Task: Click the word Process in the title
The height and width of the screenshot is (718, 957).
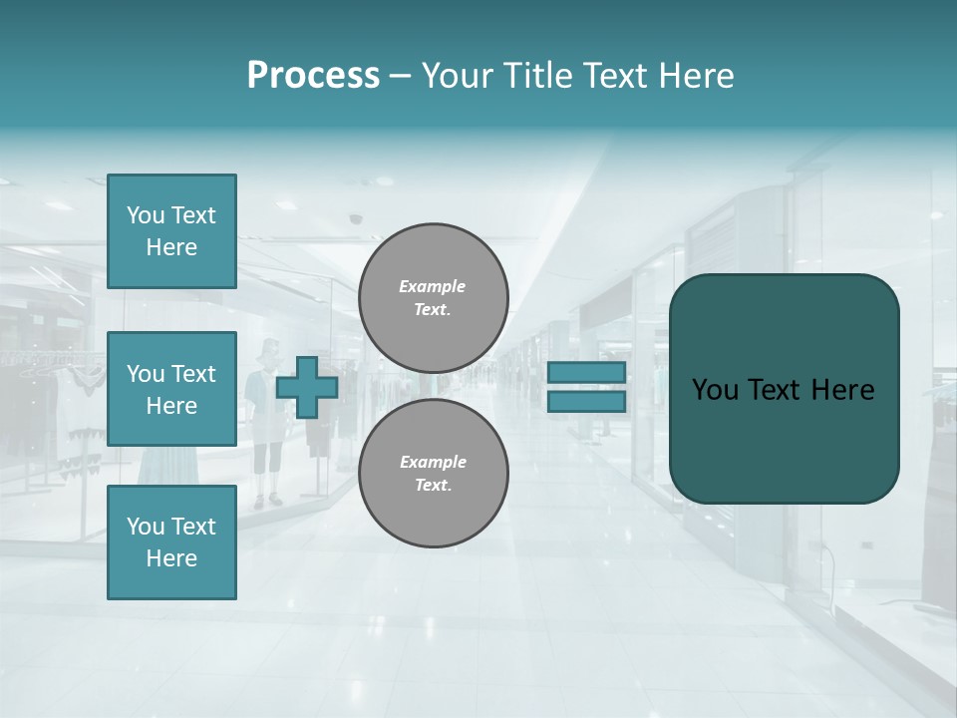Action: [313, 75]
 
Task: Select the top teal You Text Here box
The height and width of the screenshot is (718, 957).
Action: [171, 231]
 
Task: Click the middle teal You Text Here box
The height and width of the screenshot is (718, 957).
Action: [171, 389]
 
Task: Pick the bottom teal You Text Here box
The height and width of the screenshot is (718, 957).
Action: [171, 541]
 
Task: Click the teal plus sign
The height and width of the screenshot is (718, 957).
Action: [307, 387]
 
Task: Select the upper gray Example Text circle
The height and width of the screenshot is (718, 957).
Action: [433, 298]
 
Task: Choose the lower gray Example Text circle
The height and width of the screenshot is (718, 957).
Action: [433, 474]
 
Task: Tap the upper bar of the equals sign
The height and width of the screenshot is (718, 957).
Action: [586, 372]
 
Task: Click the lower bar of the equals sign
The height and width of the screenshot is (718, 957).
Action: [586, 402]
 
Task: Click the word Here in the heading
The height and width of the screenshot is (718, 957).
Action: [695, 76]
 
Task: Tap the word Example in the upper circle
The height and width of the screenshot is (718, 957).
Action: [433, 286]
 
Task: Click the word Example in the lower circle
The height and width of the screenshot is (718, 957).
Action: [433, 462]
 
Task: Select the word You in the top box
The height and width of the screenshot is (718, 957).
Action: [146, 215]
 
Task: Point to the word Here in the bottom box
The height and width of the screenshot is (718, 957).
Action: [171, 558]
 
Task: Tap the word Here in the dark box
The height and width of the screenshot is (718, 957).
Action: [842, 390]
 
